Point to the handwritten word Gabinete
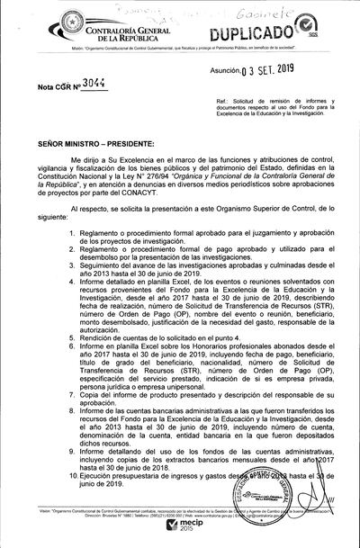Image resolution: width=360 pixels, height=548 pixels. [x=274, y=13]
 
